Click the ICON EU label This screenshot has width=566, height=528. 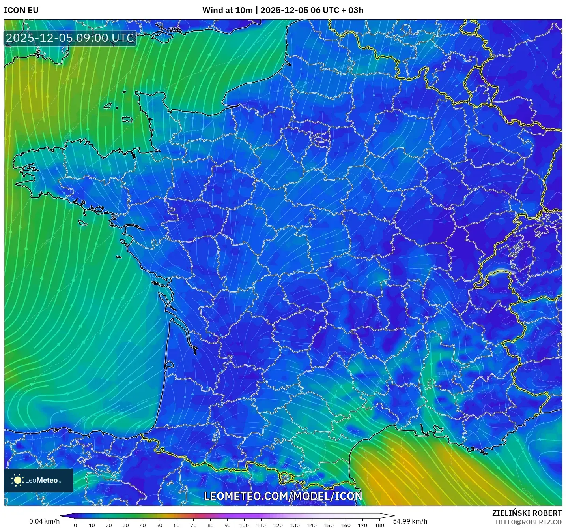(x=21, y=10)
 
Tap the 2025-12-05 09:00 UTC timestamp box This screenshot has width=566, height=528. (x=70, y=38)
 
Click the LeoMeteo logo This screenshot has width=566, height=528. (x=39, y=480)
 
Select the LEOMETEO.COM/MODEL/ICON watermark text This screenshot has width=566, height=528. (x=283, y=496)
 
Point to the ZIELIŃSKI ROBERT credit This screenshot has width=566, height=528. (x=527, y=513)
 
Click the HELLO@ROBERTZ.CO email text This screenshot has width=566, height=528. (x=529, y=522)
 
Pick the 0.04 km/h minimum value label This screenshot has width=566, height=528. (x=44, y=521)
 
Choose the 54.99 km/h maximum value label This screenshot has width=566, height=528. (x=410, y=521)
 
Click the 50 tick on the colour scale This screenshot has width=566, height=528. (x=159, y=525)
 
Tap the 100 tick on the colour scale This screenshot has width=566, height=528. (x=244, y=525)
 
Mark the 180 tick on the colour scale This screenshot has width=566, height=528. (x=379, y=525)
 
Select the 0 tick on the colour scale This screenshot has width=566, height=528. (x=75, y=525)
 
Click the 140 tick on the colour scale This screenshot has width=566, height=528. (x=312, y=525)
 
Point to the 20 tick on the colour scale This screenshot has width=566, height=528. (x=109, y=525)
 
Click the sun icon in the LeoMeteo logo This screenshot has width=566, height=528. (x=18, y=480)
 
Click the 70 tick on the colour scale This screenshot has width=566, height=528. (x=193, y=525)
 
